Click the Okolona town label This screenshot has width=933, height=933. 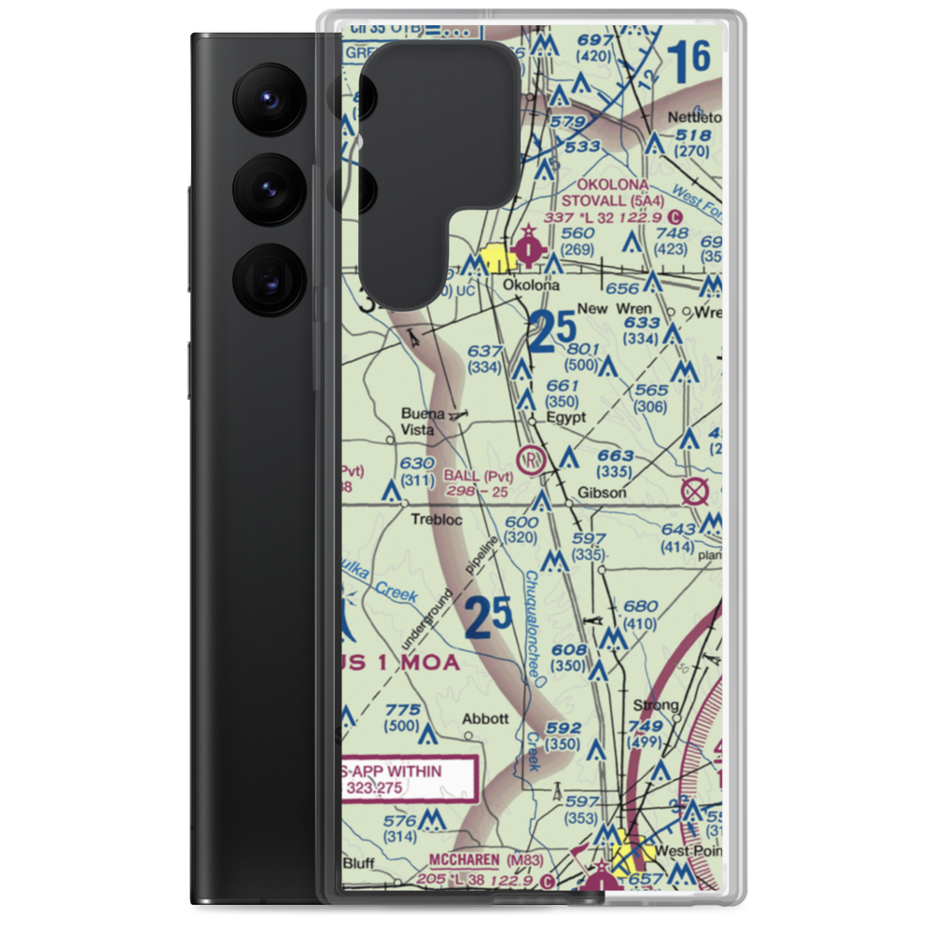(530, 285)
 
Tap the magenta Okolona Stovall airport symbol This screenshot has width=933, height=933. (530, 249)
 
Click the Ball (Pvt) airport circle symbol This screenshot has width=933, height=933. (530, 459)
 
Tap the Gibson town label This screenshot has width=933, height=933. (602, 492)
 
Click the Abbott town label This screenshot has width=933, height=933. (486, 718)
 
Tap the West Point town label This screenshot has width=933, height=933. (688, 851)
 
